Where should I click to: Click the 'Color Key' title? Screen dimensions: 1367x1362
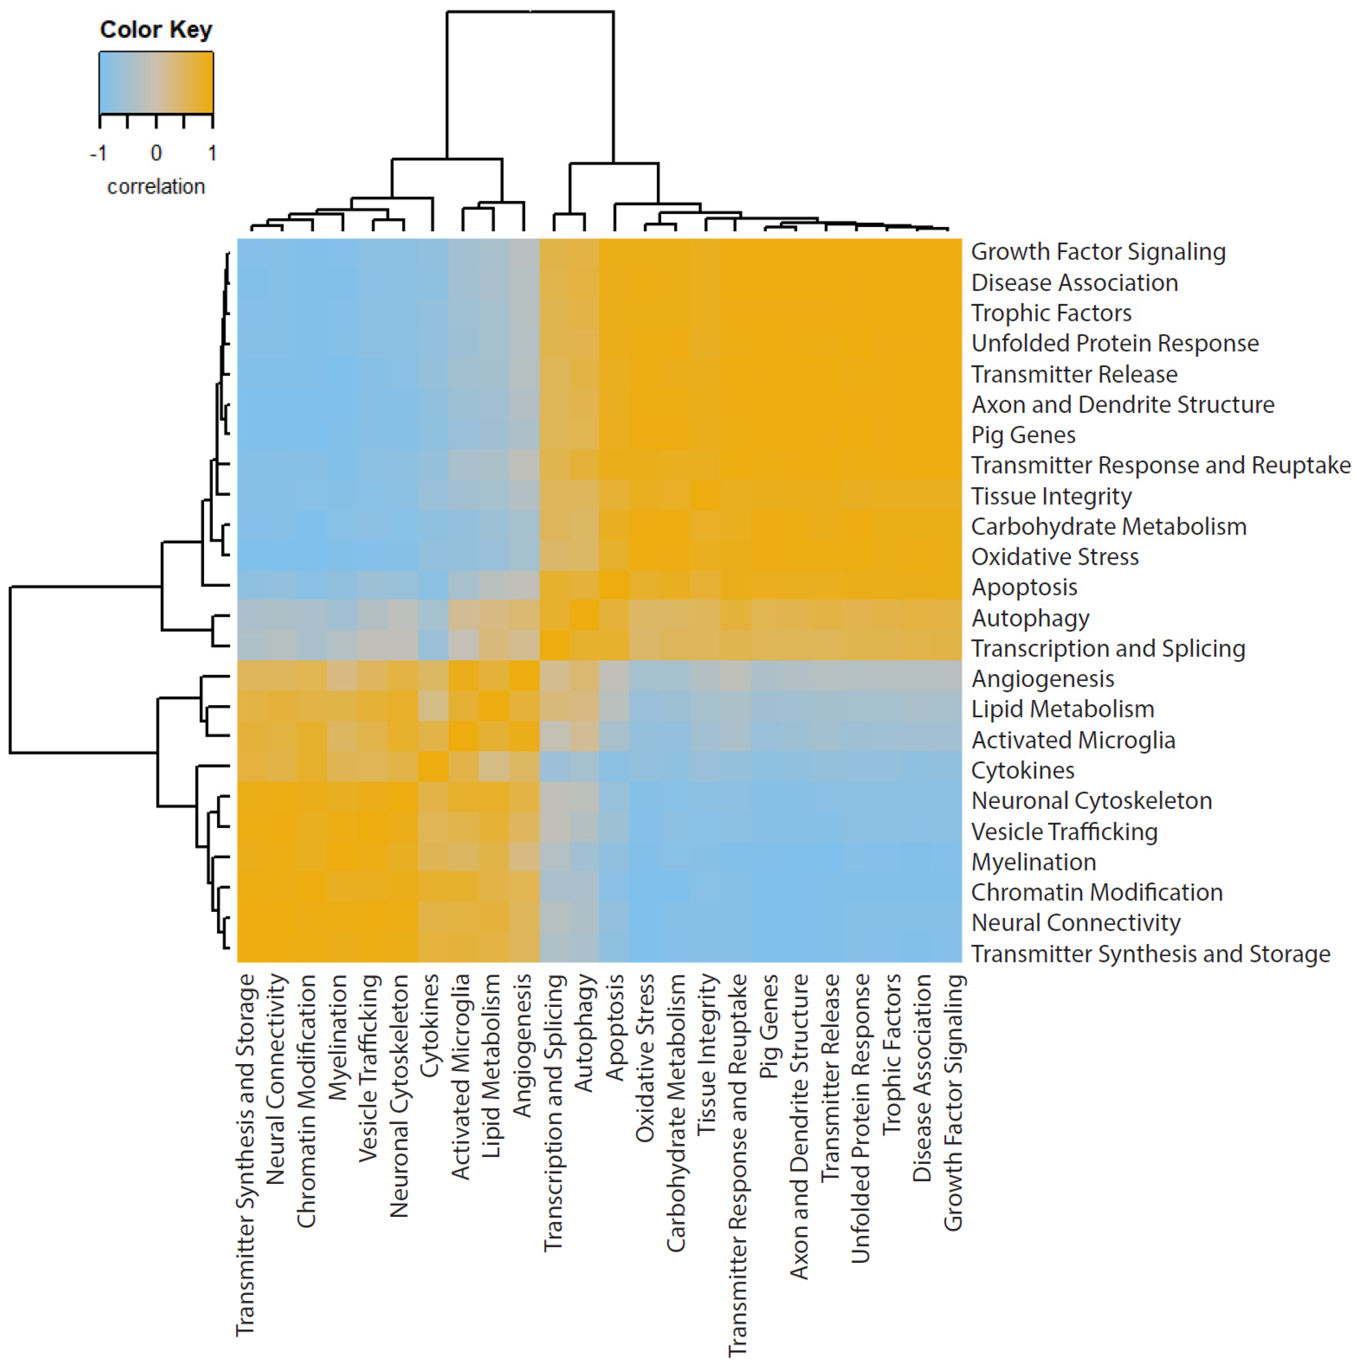click(x=155, y=30)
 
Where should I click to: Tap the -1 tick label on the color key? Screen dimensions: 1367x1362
click(x=98, y=153)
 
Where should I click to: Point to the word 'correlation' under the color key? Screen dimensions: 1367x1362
click(x=155, y=187)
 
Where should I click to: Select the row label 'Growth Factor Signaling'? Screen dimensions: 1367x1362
click(x=1098, y=252)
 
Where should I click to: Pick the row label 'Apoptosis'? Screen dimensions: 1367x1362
click(x=1024, y=587)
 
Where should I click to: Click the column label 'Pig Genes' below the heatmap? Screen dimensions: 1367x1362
click(x=769, y=1026)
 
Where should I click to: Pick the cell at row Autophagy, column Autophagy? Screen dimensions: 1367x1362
click(x=584, y=615)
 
